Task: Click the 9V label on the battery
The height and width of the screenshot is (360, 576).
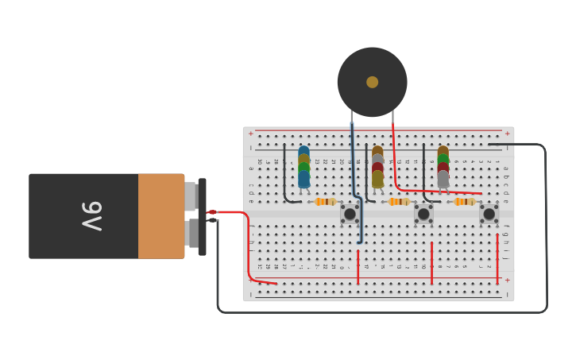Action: coord(91,216)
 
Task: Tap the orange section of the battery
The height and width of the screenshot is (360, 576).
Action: coord(161,216)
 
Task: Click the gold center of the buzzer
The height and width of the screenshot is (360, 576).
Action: coord(372,82)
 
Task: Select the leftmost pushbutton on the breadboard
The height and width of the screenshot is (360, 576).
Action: coord(350,214)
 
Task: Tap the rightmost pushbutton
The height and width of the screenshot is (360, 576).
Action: coord(489,214)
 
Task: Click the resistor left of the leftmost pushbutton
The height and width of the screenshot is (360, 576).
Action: coord(324,202)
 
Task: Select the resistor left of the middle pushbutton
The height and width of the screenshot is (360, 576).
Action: coord(398,202)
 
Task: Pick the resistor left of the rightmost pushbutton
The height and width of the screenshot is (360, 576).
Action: coord(464,202)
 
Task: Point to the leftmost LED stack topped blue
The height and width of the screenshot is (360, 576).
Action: coord(303,167)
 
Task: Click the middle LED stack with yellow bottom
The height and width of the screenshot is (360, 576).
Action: coord(377,167)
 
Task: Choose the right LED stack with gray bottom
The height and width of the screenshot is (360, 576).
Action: coord(443,167)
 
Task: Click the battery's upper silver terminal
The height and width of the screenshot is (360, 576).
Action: coord(191,195)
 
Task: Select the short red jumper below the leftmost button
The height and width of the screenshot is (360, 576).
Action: coord(358,267)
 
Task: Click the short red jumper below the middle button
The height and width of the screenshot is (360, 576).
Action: coord(431,262)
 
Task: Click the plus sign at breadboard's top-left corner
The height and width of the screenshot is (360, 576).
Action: coord(251,134)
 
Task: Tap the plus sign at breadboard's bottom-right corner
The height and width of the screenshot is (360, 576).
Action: coord(507,281)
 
